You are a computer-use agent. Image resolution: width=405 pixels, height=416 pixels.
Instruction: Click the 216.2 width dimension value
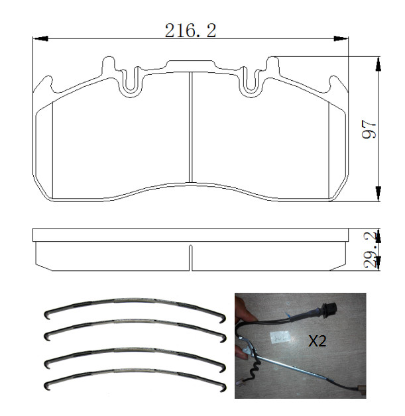(x=190, y=30)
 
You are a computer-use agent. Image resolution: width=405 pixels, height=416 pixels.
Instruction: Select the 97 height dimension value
(x=369, y=129)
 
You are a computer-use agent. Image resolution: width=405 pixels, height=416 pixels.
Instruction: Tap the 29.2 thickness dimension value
(x=371, y=250)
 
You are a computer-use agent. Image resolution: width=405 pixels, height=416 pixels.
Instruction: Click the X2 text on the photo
(x=317, y=340)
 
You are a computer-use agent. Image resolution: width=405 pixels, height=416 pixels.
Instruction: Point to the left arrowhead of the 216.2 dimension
(x=40, y=38)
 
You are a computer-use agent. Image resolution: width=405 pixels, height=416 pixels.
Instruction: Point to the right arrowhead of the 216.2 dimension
(x=341, y=38)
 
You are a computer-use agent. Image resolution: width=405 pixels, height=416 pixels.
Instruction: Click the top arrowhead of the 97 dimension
(x=378, y=64)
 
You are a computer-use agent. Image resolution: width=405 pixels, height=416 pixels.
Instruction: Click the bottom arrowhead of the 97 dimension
(x=378, y=193)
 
